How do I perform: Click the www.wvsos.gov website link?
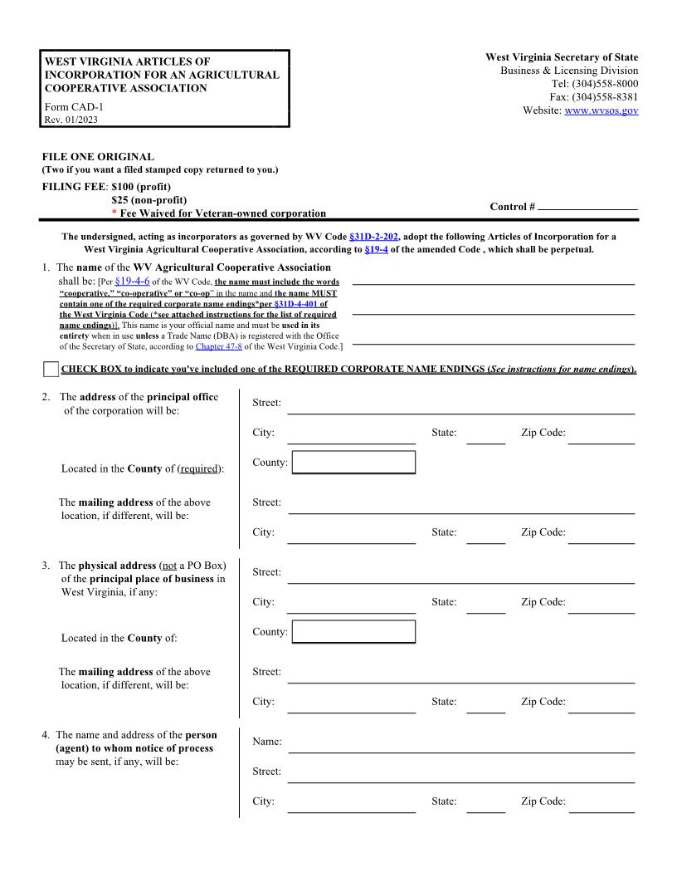pos(601,110)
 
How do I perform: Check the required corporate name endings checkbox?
pos(51,370)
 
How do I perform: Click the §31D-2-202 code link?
pos(374,237)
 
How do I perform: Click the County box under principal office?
pos(353,463)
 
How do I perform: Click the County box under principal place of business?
pos(353,632)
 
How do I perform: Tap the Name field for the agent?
pos(460,742)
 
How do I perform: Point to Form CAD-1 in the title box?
pos(74,106)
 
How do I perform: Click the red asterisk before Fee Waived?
pos(114,213)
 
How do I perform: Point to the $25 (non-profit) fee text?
pos(149,200)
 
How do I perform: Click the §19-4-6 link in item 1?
pos(132,282)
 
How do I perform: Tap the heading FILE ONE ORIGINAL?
pos(98,156)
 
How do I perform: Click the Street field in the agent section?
pos(460,772)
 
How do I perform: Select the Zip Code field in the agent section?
pos(601,802)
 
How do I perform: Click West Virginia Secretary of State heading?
pos(562,57)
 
